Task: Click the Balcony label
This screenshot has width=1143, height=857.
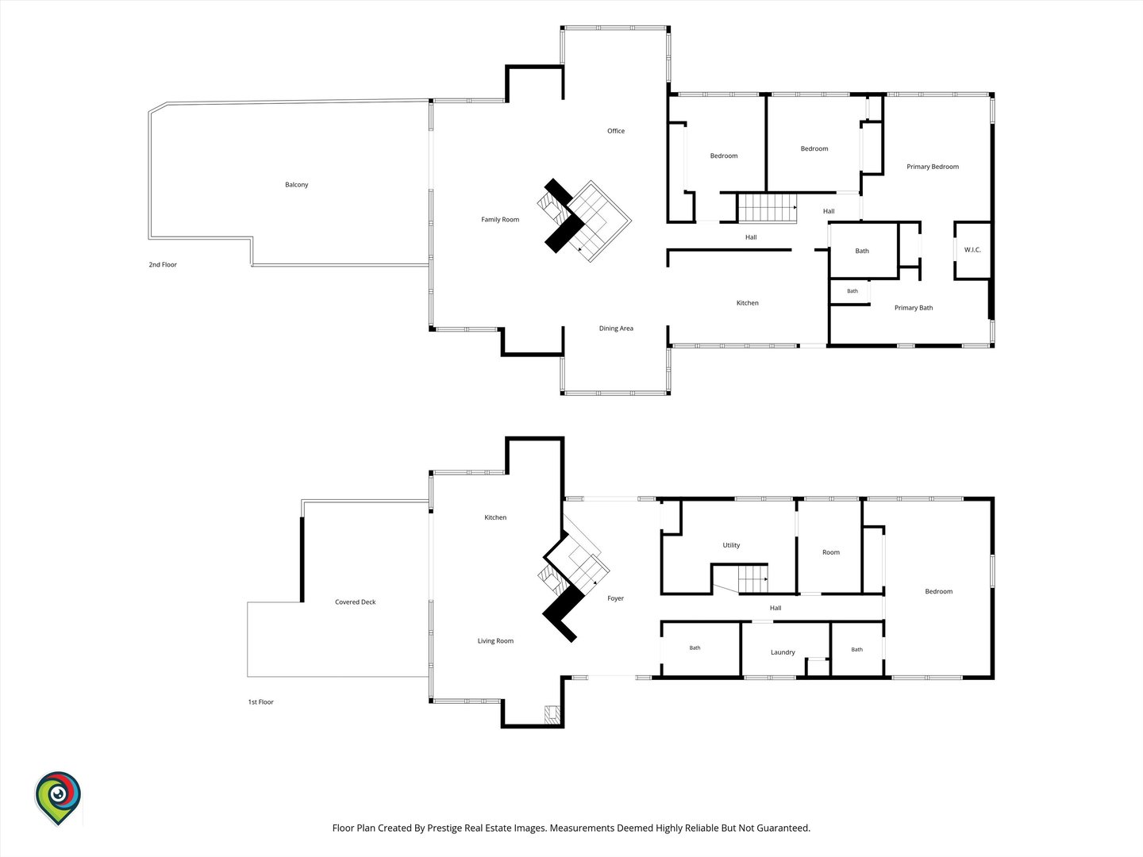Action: (x=296, y=185)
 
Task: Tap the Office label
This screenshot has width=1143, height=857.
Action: (x=615, y=131)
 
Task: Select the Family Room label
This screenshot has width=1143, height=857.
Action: (x=500, y=220)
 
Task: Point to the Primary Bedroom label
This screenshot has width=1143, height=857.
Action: (x=932, y=167)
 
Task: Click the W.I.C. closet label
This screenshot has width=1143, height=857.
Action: (x=972, y=250)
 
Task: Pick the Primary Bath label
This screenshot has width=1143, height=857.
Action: (x=914, y=308)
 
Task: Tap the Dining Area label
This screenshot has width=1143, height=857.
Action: (x=616, y=329)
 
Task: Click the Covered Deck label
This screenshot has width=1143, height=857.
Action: (x=355, y=602)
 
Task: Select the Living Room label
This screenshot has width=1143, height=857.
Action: (x=495, y=641)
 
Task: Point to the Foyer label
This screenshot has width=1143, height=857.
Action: (x=615, y=598)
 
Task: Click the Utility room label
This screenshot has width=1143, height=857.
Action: (x=730, y=545)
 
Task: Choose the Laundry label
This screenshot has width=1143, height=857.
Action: (x=783, y=652)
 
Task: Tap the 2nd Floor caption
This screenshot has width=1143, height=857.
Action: (x=163, y=264)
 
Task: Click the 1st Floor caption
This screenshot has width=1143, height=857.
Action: (x=260, y=702)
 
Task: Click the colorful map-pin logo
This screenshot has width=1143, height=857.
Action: (x=58, y=798)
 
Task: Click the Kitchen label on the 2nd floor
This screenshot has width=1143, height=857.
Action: (x=747, y=303)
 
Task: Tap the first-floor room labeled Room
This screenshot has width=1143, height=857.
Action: (x=830, y=552)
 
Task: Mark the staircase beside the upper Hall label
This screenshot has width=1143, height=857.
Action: (x=768, y=208)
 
